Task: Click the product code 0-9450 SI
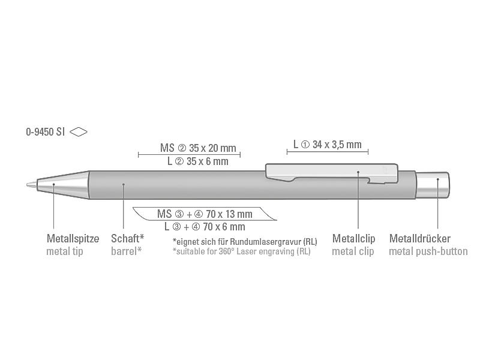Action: (x=46, y=132)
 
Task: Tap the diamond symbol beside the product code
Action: (x=79, y=132)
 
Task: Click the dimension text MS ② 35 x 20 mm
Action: (x=198, y=148)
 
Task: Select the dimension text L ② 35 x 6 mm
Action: (x=198, y=161)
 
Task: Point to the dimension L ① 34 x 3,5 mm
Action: (x=327, y=145)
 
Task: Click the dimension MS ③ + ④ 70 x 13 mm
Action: (x=205, y=214)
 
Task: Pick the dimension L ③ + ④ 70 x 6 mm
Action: (x=205, y=227)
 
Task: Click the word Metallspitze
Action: (x=73, y=238)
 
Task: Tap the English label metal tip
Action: (x=65, y=251)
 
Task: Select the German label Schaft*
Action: (x=127, y=238)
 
